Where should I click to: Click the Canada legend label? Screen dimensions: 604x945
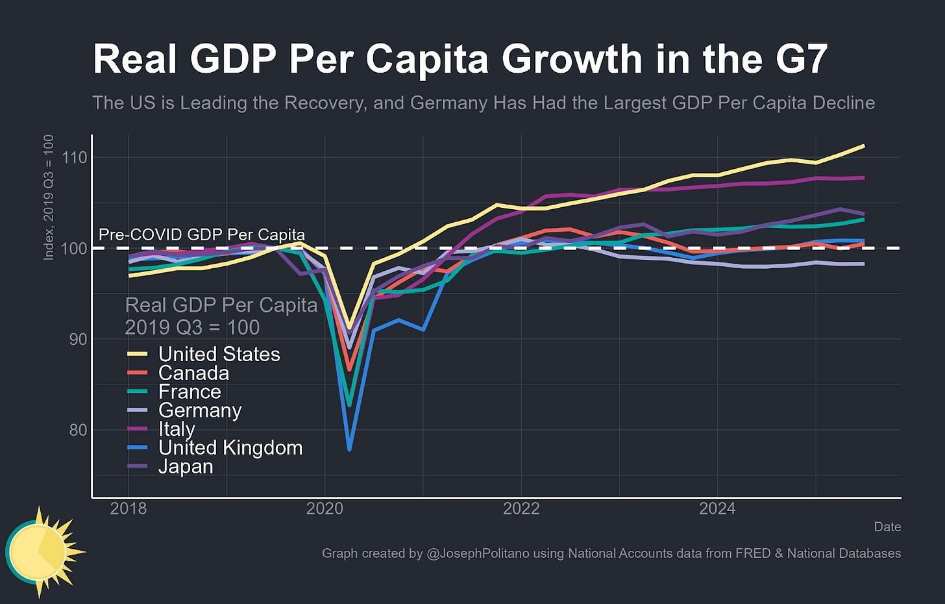193,373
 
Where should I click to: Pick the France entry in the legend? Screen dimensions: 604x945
190,392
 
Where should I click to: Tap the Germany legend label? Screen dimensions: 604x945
200,410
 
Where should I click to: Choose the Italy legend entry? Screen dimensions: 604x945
177,429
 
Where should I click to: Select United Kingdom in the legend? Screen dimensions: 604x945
230,447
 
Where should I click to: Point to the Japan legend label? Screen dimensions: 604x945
186,466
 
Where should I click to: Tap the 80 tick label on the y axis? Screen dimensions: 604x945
79,430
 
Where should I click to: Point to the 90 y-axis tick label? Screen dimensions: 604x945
79,339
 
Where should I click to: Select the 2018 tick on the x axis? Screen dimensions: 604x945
129,509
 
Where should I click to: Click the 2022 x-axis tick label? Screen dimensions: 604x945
521,509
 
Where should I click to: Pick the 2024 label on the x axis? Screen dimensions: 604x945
717,509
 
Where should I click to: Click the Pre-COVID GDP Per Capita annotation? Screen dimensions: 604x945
201,234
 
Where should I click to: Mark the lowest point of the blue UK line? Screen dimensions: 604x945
349,449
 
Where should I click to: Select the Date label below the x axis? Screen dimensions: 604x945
887,527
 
